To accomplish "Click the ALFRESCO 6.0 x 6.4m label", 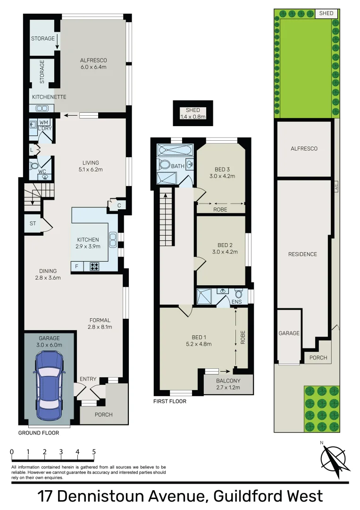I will tap(93, 64).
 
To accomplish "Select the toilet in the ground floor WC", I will tap(34, 167).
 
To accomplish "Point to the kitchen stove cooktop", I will tap(94, 266).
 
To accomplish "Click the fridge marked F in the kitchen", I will tap(77, 266).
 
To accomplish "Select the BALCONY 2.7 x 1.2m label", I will tap(228, 384).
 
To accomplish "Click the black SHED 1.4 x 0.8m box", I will tap(193, 113).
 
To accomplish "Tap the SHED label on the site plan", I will tap(327, 13).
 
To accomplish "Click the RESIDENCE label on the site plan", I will tap(302, 254).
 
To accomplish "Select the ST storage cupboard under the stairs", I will tap(33, 224).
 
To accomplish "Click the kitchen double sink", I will tap(113, 240).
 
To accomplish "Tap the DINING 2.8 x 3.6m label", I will tap(48, 274).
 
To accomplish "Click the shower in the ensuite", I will tap(206, 297).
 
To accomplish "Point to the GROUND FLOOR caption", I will tap(39, 433).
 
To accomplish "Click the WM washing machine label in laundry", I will tap(43, 122).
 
